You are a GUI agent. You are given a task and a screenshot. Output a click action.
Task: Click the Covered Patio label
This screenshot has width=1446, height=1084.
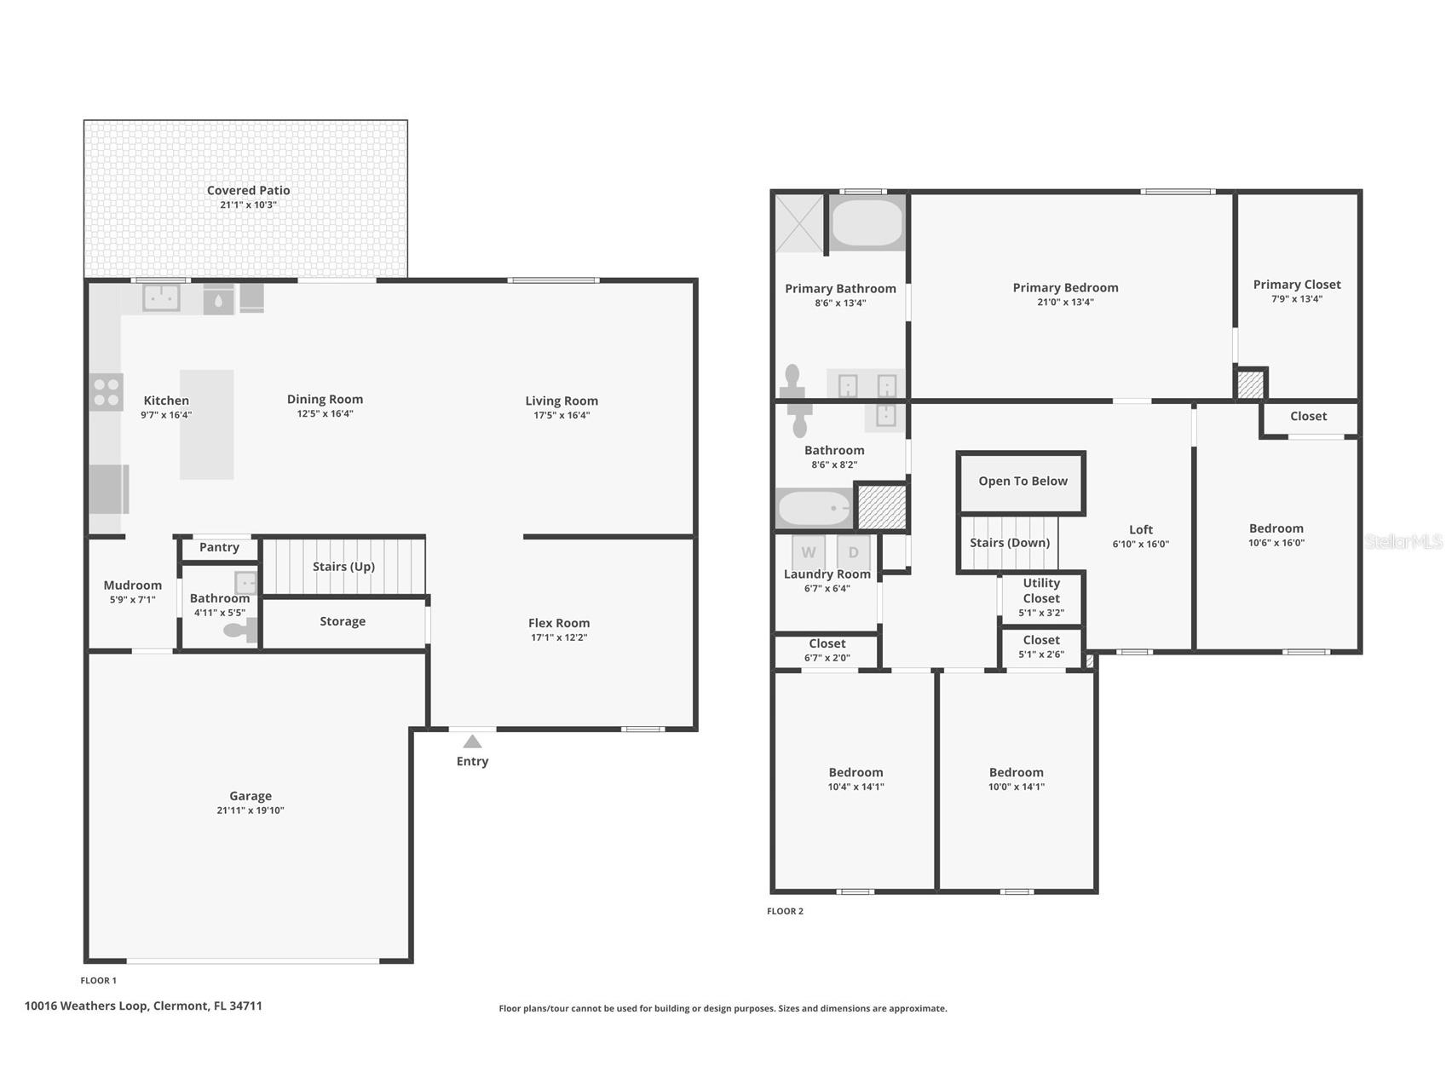(x=248, y=191)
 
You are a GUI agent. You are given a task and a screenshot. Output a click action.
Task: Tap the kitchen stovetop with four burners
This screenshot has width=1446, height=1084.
(x=107, y=392)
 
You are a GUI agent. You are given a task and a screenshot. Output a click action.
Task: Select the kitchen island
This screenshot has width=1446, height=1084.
(x=206, y=424)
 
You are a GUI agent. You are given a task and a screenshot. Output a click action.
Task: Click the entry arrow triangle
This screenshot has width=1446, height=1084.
(x=472, y=742)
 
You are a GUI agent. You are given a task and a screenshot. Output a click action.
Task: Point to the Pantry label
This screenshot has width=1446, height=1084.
(x=219, y=547)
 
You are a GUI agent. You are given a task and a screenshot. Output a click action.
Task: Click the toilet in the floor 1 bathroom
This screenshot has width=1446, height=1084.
(x=239, y=630)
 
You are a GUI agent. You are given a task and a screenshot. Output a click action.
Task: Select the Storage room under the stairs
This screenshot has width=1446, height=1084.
(x=343, y=622)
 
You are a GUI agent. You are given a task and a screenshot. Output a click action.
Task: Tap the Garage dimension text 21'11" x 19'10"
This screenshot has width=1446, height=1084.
(x=250, y=810)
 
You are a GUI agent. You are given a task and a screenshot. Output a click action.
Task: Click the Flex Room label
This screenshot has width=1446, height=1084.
(x=558, y=623)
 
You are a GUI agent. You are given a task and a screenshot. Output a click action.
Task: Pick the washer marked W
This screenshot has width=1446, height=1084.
(x=808, y=552)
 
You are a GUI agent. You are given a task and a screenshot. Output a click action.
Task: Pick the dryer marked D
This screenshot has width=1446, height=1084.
(x=853, y=552)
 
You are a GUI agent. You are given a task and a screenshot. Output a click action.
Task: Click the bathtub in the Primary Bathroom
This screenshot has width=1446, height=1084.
(x=866, y=222)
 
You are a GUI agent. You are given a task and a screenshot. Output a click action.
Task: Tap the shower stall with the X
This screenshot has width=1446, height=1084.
(x=799, y=223)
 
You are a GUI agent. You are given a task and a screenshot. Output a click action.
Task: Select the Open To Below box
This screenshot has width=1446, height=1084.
(x=1022, y=481)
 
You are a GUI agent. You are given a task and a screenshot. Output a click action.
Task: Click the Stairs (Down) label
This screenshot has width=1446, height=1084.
(x=1009, y=543)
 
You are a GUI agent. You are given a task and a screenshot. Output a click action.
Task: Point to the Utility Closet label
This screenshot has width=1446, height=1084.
(x=1041, y=591)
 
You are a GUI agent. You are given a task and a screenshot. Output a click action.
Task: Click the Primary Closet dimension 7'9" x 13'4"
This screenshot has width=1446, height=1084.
(x=1296, y=299)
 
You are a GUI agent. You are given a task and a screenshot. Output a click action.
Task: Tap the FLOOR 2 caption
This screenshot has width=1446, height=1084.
(x=785, y=911)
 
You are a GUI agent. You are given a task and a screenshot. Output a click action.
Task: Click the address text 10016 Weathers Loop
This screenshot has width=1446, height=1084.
(x=143, y=1006)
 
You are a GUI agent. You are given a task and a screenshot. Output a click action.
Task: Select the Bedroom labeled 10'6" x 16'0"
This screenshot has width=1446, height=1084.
(x=1276, y=535)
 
